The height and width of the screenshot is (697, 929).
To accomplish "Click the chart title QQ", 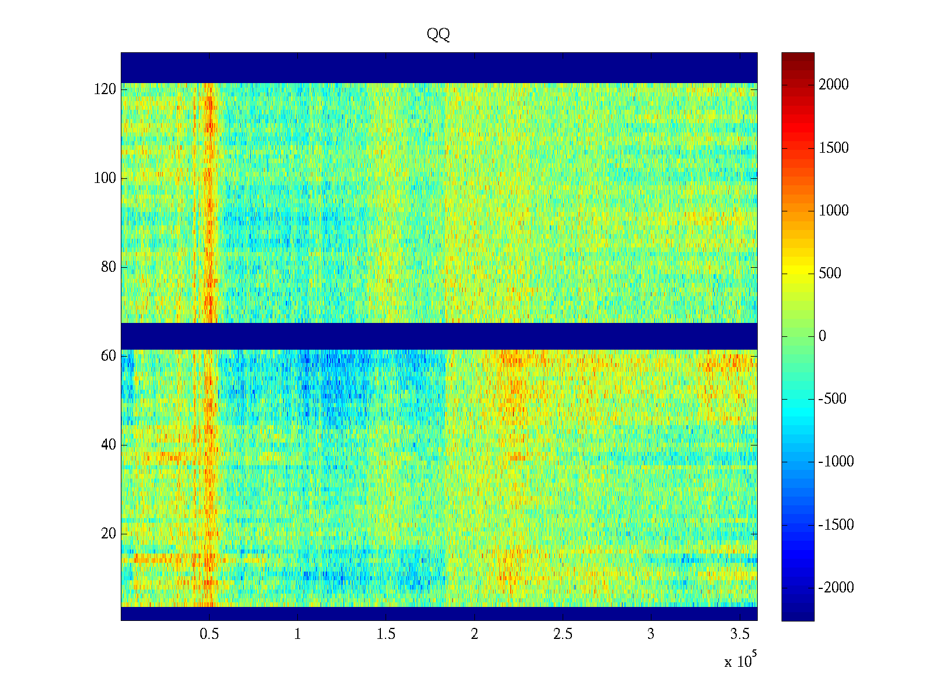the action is coord(438,34).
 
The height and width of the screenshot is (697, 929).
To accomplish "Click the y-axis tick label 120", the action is coord(105,89).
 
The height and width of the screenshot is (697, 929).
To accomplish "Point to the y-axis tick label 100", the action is coord(105,178).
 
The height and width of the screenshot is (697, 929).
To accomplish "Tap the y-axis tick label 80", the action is coord(109,267).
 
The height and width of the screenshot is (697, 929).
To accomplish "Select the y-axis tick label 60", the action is coord(109,355).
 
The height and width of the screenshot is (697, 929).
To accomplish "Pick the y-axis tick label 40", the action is coord(109,444).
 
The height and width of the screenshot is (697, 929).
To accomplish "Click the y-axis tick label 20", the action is coord(109,533).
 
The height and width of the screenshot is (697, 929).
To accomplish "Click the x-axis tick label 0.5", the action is coord(209,634).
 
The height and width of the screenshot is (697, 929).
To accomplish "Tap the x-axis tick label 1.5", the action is coord(386,634).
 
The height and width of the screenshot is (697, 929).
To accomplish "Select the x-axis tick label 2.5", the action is coord(563,634).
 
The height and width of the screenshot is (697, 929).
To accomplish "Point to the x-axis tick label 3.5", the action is coord(740,634).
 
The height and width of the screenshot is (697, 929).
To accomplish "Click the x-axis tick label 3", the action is coord(651,634).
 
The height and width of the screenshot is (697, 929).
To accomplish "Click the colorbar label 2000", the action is coord(833,84).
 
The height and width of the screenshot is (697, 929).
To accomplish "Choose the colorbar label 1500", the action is coord(833,148).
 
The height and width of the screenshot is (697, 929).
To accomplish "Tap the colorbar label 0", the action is coord(822,336).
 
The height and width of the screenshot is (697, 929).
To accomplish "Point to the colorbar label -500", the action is coord(832,398).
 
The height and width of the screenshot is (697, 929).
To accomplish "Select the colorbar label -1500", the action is coord(836,524).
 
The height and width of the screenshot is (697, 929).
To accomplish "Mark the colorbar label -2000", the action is coord(836,587).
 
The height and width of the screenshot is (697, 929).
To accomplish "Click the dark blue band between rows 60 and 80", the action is coord(439,336).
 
